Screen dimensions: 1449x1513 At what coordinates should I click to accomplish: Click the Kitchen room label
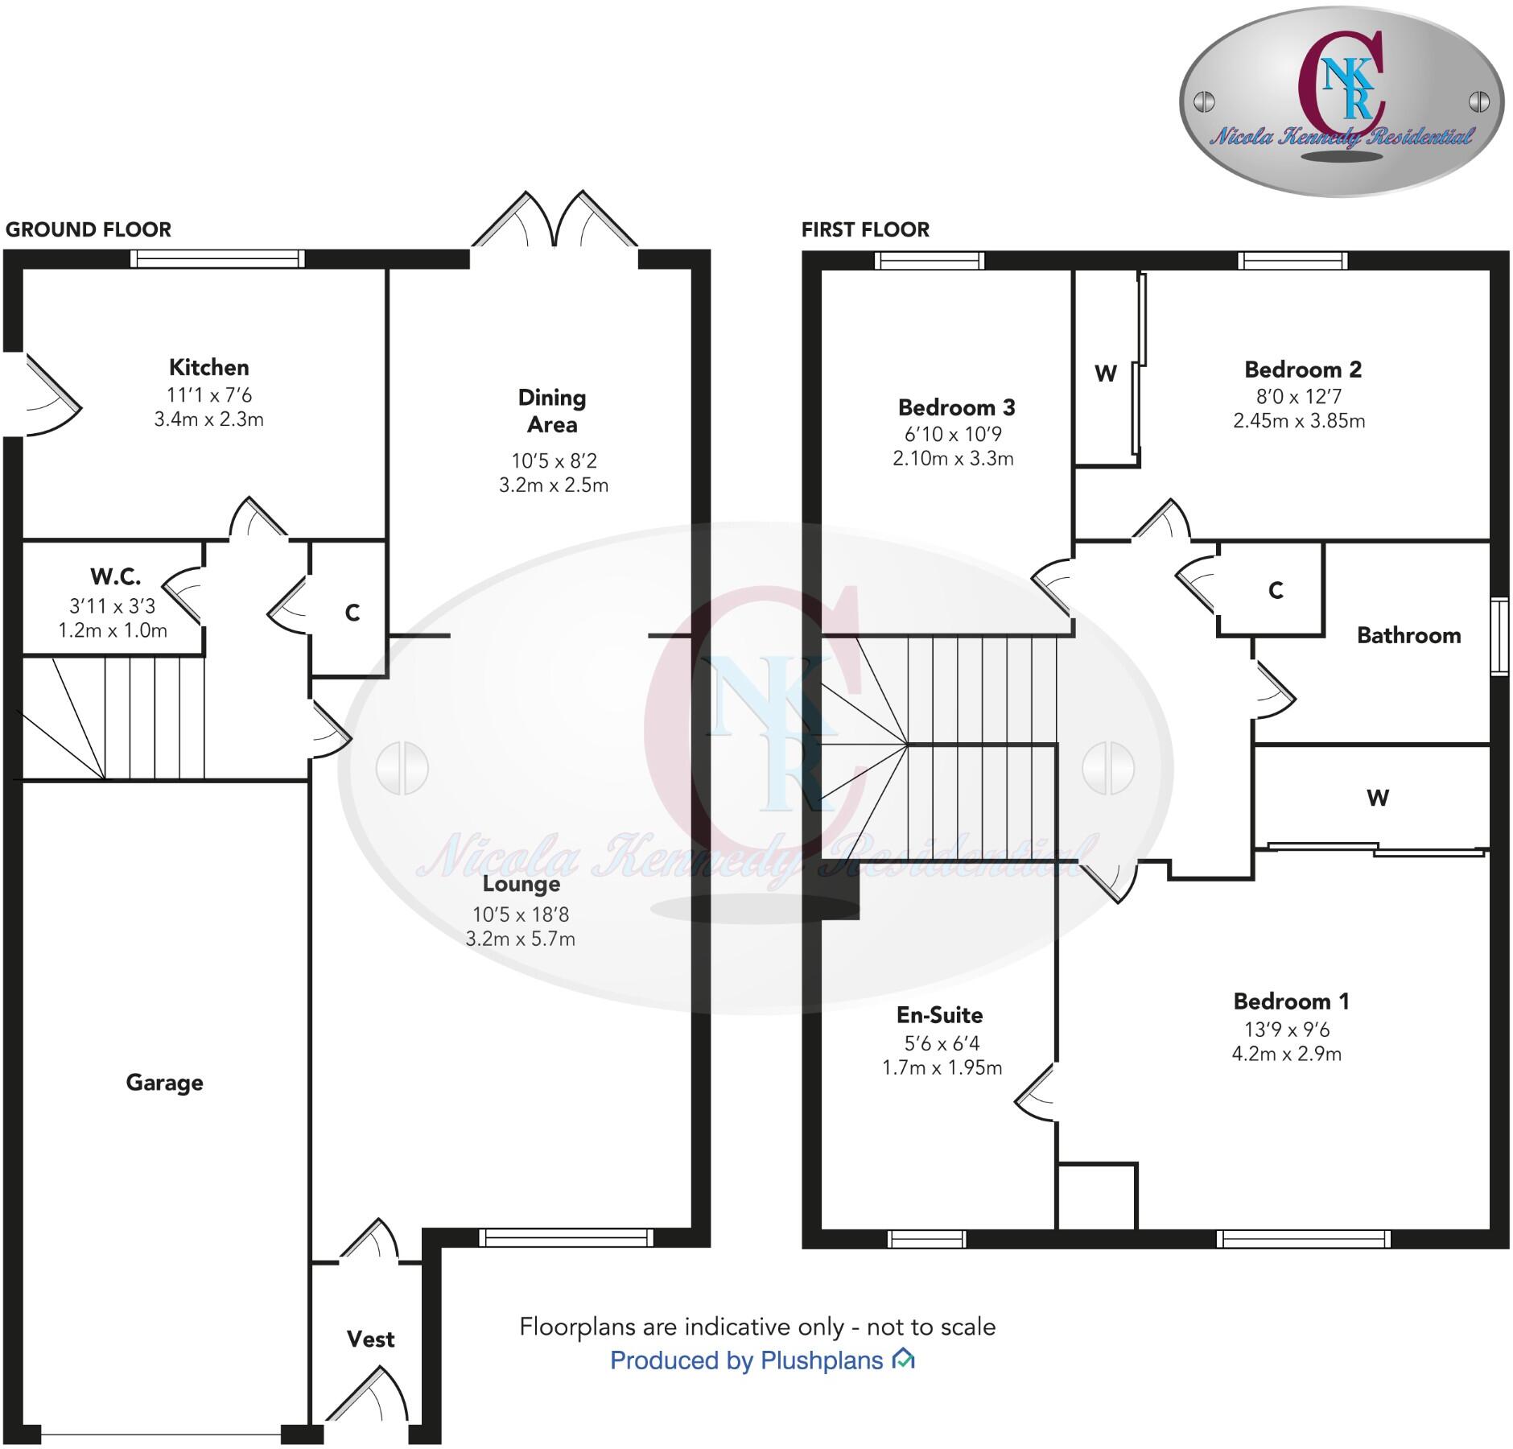[x=208, y=368]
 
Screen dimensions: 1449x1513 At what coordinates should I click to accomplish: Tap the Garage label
[x=164, y=1083]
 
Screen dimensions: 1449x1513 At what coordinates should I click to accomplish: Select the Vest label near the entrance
[x=370, y=1339]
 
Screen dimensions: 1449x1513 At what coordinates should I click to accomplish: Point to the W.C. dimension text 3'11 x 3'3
[x=113, y=605]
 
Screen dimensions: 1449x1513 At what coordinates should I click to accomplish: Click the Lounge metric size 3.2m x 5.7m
[x=520, y=939]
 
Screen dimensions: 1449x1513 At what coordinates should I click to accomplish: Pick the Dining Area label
[x=552, y=411]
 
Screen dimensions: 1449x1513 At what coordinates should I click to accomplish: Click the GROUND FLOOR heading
[x=89, y=230]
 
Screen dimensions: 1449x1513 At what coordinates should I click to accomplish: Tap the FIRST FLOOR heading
[x=865, y=230]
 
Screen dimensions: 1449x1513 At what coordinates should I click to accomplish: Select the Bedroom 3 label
[x=956, y=407]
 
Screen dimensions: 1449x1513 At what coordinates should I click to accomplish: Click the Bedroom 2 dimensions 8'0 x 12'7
[x=1298, y=396]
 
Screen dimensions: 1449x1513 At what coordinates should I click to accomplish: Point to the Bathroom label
[x=1408, y=636]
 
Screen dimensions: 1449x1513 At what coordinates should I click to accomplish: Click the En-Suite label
[x=940, y=1015]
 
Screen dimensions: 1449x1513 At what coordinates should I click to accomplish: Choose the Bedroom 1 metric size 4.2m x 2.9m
[x=1286, y=1054]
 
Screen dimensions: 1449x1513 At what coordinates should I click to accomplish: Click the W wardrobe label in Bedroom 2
[x=1106, y=374]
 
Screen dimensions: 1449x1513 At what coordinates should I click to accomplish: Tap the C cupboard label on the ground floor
[x=352, y=613]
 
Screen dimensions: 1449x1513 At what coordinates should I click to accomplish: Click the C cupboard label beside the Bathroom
[x=1276, y=591]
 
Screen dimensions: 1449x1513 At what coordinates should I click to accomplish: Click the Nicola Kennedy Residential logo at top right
[x=1341, y=101]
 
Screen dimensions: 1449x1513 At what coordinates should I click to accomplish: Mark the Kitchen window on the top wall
[x=217, y=258]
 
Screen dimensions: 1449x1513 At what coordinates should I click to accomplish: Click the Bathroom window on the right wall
[x=1499, y=636]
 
